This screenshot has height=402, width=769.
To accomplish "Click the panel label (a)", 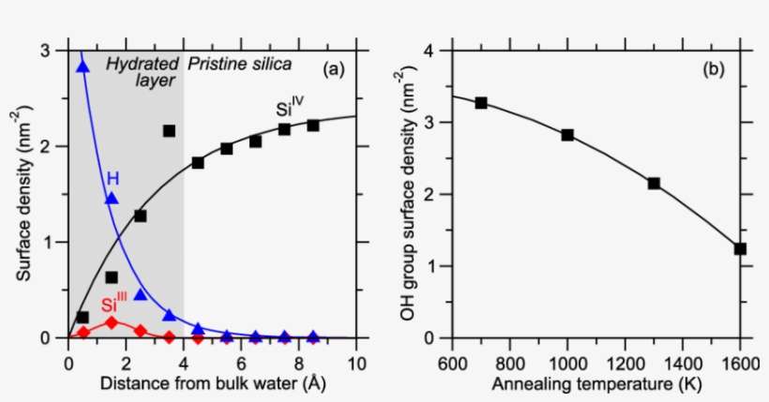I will click(x=336, y=68).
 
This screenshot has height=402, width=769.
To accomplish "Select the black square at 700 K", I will click(x=481, y=102).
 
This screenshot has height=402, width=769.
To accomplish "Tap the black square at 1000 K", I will click(x=567, y=135).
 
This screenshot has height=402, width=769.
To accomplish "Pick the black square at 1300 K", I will click(x=654, y=184).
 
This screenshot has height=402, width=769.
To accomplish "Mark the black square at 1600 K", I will click(x=740, y=248).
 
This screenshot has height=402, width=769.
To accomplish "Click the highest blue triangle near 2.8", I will click(x=83, y=67).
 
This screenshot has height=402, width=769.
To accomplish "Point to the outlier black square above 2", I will click(x=169, y=131).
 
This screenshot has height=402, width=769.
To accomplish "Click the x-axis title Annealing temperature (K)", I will click(x=597, y=383).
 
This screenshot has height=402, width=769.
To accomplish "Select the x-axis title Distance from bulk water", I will click(x=212, y=383).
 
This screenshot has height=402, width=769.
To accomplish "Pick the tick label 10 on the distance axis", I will click(x=356, y=361).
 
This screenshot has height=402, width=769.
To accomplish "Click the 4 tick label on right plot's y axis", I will click(x=430, y=51).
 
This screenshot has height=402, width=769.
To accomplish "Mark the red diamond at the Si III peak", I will click(x=112, y=322).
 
